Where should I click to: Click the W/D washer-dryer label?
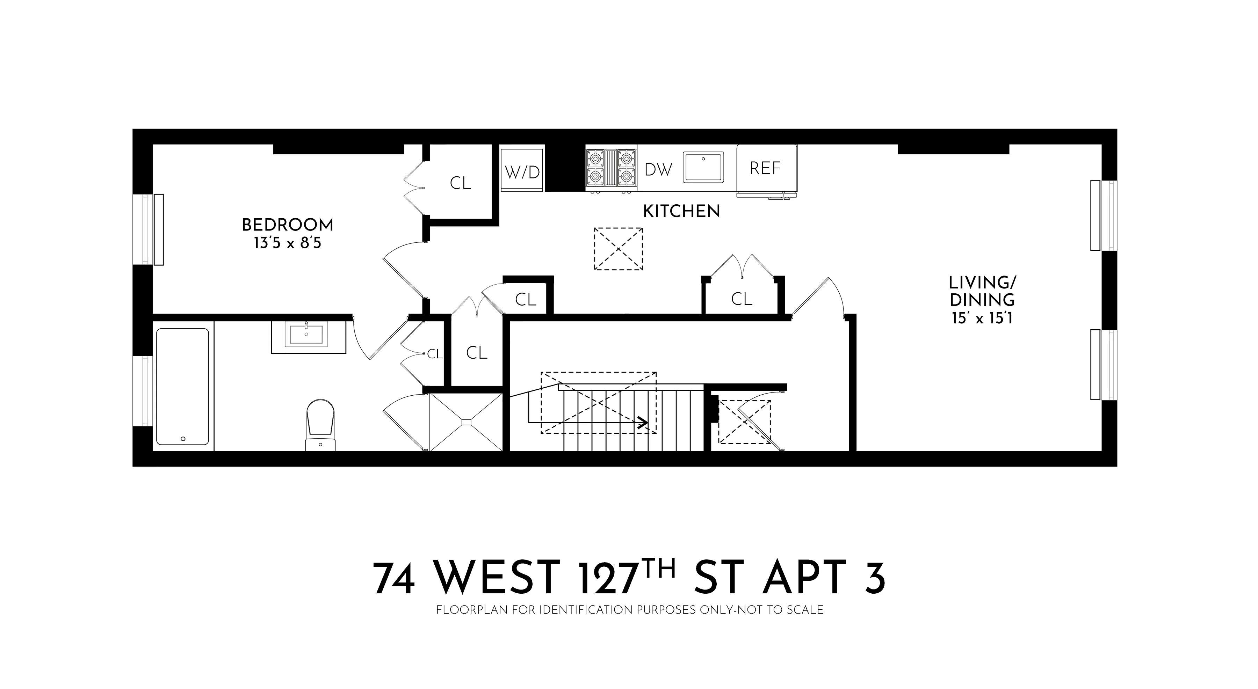[522, 172]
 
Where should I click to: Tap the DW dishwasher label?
[658, 169]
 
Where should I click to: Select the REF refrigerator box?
[766, 168]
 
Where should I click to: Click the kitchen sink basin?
[703, 167]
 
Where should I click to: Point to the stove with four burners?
[611, 167]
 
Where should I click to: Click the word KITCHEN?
[681, 211]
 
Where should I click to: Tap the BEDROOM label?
[288, 225]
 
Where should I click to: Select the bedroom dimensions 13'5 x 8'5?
[288, 243]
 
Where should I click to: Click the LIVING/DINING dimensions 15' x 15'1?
[982, 318]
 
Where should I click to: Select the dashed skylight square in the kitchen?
[618, 249]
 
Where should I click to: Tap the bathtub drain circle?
[183, 439]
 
